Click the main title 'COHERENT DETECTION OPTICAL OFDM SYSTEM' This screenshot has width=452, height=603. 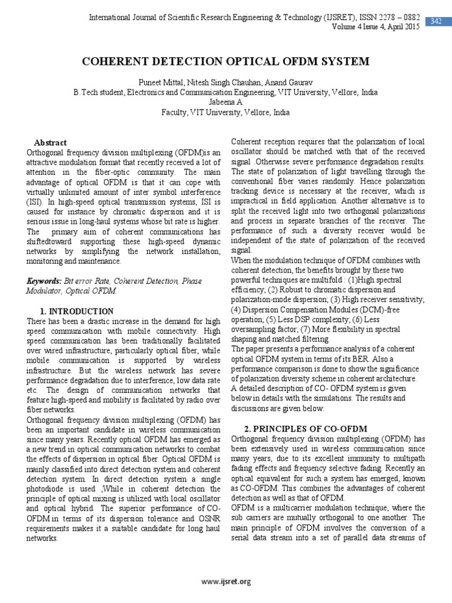click(225, 61)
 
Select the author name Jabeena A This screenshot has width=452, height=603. click(225, 102)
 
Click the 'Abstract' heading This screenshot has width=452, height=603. click(51, 143)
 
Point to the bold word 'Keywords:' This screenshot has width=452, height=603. click(45, 281)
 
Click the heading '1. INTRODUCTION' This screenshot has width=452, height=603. click(77, 311)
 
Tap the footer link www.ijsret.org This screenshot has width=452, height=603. click(225, 582)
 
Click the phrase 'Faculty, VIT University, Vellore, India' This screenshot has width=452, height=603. click(225, 112)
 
